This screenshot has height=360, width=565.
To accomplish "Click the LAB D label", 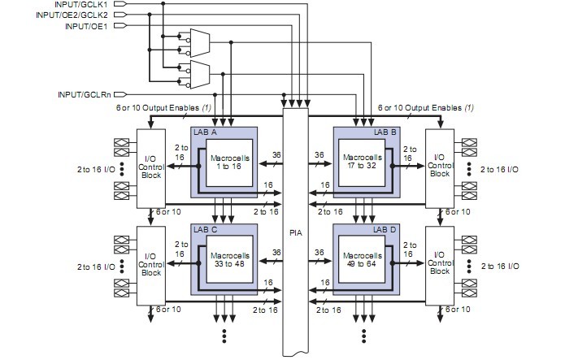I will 385,230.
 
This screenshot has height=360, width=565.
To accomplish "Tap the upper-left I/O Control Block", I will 151,167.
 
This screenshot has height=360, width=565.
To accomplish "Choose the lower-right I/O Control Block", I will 440,263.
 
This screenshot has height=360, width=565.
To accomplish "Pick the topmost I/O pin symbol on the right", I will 468,141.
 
